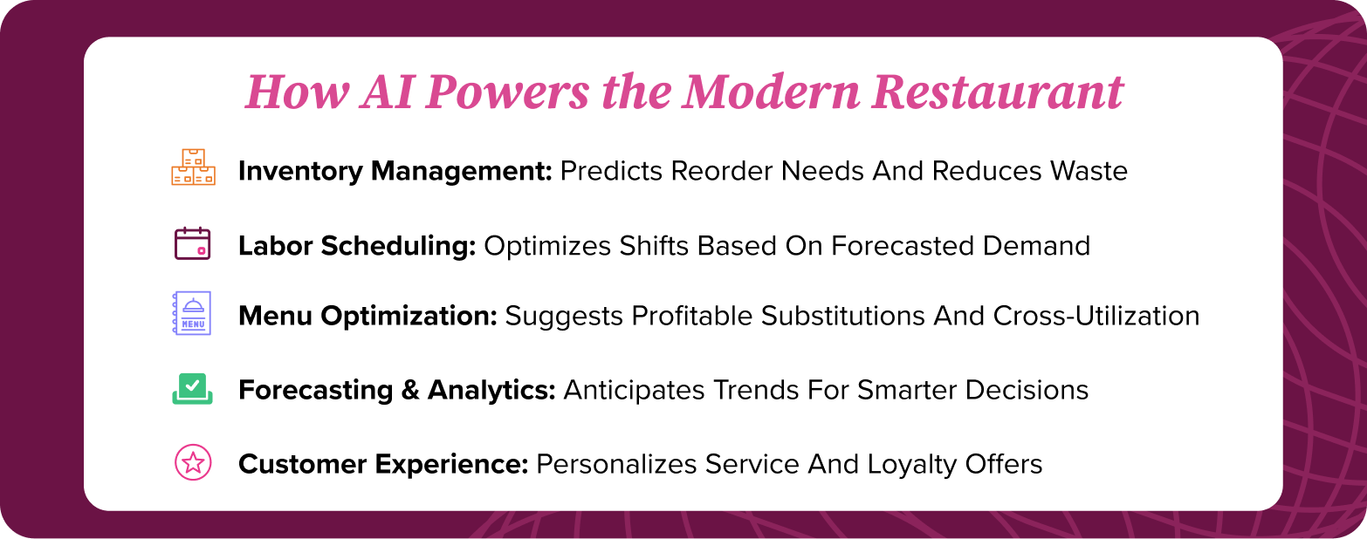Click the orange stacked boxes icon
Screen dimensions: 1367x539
click(x=193, y=167)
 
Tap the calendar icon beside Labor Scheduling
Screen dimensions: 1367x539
click(x=192, y=244)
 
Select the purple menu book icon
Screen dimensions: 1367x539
click(x=192, y=313)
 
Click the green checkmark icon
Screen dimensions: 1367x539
click(x=192, y=389)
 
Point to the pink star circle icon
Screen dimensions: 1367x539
click(x=193, y=463)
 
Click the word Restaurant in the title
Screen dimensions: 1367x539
click(x=997, y=92)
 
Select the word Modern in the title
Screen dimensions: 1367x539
click(x=770, y=92)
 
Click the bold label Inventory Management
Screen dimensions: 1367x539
click(x=395, y=171)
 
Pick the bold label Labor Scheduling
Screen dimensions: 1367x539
click(x=357, y=247)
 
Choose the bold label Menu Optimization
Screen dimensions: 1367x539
click(x=368, y=316)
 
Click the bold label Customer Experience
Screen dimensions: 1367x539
click(x=383, y=465)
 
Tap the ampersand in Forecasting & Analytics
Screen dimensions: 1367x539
click(x=410, y=390)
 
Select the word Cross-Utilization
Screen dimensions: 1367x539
click(x=1096, y=316)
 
